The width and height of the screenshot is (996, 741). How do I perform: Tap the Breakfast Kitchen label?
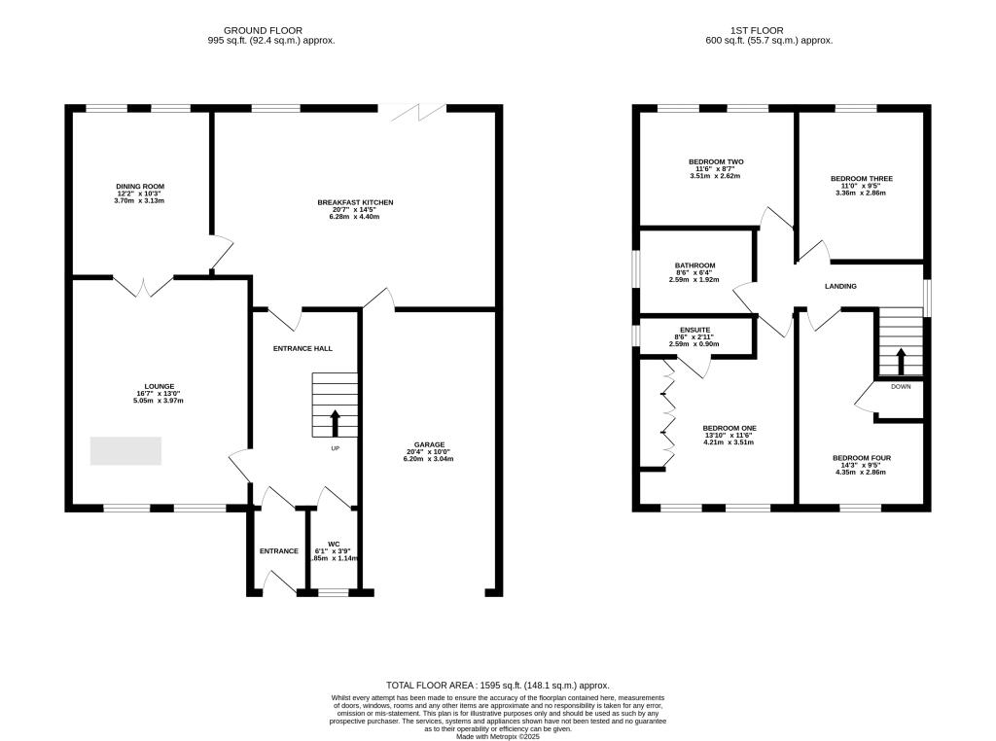(355, 202)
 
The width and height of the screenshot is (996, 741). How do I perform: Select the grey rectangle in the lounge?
(125, 451)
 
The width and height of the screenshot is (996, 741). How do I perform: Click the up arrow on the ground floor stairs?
(336, 423)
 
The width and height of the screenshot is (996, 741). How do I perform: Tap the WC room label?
(334, 544)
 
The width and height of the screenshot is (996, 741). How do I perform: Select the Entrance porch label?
(278, 551)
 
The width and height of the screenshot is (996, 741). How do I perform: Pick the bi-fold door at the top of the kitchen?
(418, 113)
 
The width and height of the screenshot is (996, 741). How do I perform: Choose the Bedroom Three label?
(861, 179)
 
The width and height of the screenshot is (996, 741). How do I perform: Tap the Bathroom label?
(694, 265)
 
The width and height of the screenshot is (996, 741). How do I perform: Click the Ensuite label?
(694, 329)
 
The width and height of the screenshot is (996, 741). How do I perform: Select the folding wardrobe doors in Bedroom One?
(668, 412)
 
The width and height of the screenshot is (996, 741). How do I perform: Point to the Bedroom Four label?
(861, 458)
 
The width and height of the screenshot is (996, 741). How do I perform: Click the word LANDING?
(840, 287)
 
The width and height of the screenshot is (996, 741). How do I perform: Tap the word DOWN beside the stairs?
(901, 386)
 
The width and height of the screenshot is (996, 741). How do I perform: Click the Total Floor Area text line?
(497, 686)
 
